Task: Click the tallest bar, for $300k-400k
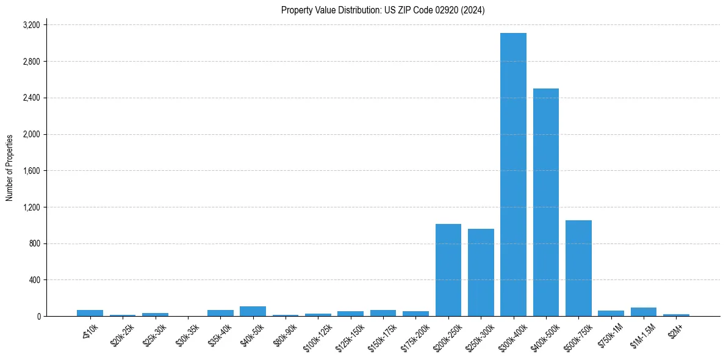(x=513, y=175)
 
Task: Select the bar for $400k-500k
(x=545, y=202)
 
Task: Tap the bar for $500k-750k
(x=578, y=268)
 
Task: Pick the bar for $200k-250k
(x=448, y=270)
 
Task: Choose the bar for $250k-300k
(x=481, y=272)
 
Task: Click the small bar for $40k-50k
(x=253, y=311)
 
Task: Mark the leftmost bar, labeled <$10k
(x=90, y=313)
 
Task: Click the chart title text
(x=383, y=10)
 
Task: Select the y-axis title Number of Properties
(x=10, y=168)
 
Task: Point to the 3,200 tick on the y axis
(x=31, y=25)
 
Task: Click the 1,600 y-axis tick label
(x=31, y=171)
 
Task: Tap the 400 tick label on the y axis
(x=34, y=280)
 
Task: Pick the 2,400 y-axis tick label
(x=31, y=98)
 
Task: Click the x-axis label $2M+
(x=676, y=329)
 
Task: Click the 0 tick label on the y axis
(x=38, y=317)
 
